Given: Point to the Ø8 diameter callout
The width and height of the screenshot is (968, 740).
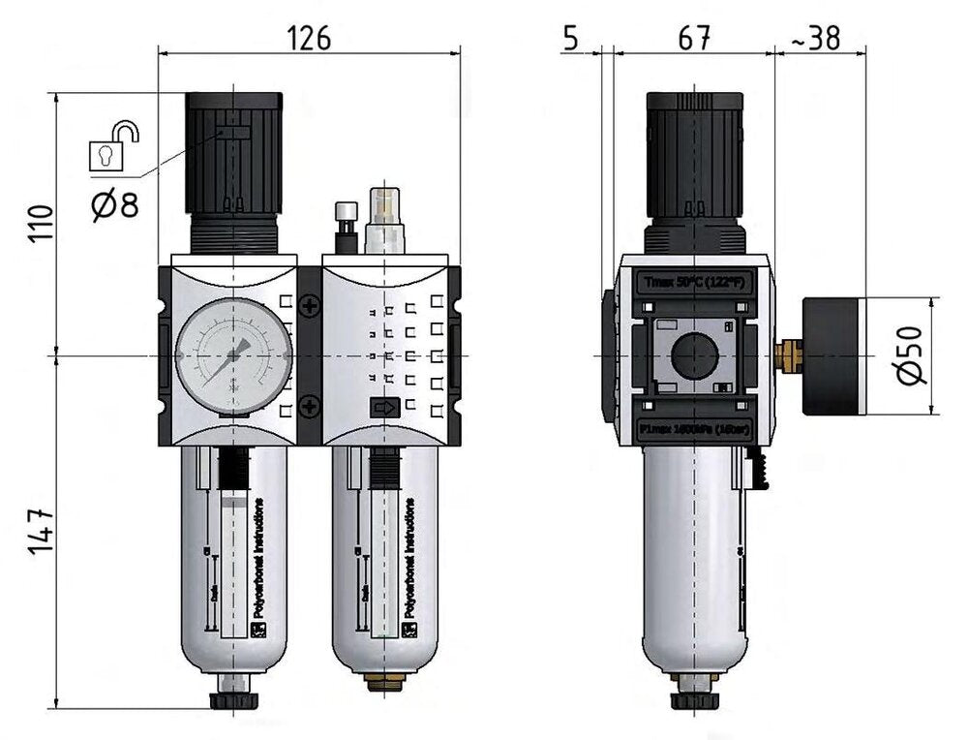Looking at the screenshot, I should coord(115,205).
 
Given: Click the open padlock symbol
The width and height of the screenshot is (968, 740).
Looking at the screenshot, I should coord(111,145).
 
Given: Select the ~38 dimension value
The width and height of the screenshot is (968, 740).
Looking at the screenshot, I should coord(814,38).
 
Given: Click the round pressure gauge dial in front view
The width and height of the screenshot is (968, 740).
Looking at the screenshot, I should coord(233,355).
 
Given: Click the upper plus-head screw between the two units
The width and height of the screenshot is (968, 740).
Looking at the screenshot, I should coord(310,307).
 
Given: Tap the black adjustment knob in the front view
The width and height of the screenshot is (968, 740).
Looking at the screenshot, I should coord(233,155).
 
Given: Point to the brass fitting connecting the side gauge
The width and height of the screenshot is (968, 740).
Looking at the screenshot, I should coord(791,355).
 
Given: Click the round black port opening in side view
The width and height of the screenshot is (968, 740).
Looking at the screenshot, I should coord(694,355).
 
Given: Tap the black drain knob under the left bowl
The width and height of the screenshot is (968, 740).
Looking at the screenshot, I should coord(233,700).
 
